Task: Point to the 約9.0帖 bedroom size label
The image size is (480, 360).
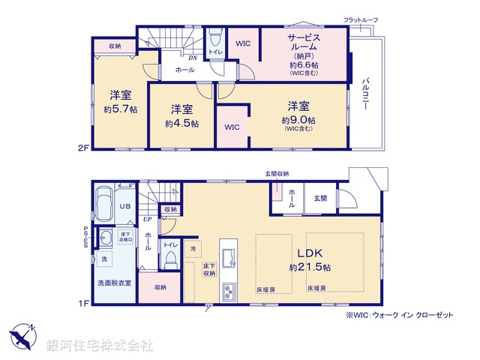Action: point(298,120)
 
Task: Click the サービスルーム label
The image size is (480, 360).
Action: point(304,43)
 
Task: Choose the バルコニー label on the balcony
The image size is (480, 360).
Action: point(365,93)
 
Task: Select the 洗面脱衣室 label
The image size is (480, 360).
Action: point(114,283)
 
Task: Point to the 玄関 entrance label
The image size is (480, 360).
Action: point(320,197)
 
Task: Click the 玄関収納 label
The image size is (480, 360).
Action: point(277,174)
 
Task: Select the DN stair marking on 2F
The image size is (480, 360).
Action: point(193,58)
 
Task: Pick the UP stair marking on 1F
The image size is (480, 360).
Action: point(148,220)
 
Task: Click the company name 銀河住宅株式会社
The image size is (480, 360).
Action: point(100,345)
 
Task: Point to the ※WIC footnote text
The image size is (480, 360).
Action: point(399,316)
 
